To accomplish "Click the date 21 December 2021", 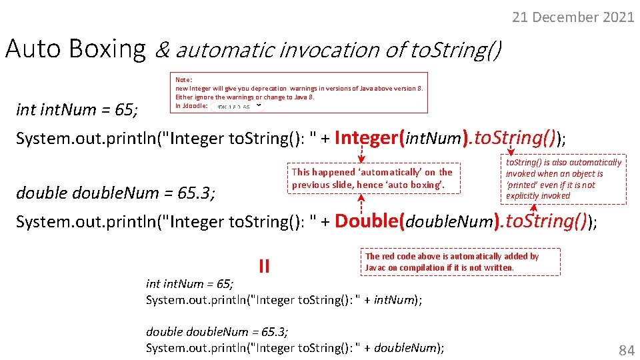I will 573,17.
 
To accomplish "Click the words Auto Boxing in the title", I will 75,49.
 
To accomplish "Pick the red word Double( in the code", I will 369,221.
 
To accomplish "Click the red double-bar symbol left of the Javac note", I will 264,266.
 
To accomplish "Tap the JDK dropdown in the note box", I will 238,106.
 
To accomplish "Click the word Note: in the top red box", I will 183,79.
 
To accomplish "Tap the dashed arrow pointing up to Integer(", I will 361,156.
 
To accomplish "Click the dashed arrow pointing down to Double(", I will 361,202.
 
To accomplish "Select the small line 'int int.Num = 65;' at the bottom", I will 189,284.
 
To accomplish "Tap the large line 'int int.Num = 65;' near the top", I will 77,110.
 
